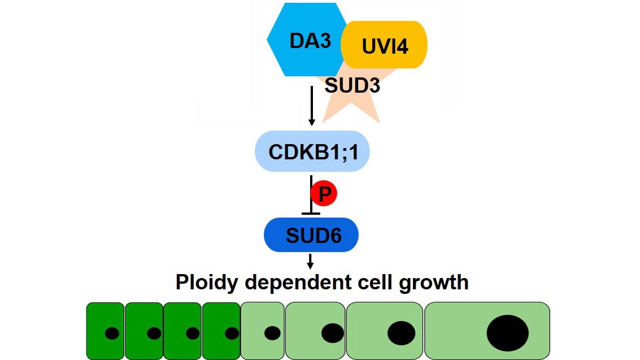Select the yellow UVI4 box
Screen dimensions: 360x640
point(385,45)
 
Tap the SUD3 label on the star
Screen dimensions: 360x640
point(352,86)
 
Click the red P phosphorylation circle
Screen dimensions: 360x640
point(324,194)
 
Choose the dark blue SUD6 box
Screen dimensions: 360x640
point(311,235)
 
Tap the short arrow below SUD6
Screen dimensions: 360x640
point(310,261)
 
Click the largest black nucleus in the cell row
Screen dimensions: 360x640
point(507,333)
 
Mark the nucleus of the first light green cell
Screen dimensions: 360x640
point(272,333)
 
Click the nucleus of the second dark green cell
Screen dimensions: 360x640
point(154,333)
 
